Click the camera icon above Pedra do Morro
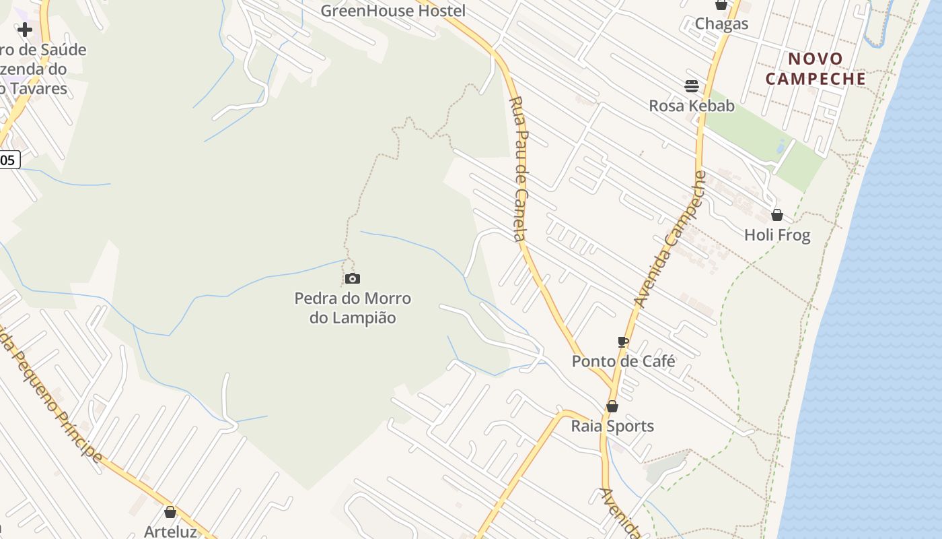coord(353,279)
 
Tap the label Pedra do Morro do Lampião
coord(353,308)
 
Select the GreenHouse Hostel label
coord(393,11)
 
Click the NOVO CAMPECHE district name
coord(816,69)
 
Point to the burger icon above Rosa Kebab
coord(692,86)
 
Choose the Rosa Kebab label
coord(692,106)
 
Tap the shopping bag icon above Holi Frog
coord(777,215)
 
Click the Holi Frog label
coord(777,235)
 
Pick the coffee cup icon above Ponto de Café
coord(623,342)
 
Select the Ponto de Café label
coord(623,361)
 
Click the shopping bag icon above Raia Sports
coord(612,406)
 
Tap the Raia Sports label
coord(612,426)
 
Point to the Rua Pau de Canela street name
coord(517,168)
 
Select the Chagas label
coord(721,24)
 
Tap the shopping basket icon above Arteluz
coord(170,512)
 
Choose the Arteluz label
coord(170,531)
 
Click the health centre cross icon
coord(25,30)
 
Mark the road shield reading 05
coord(9,160)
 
